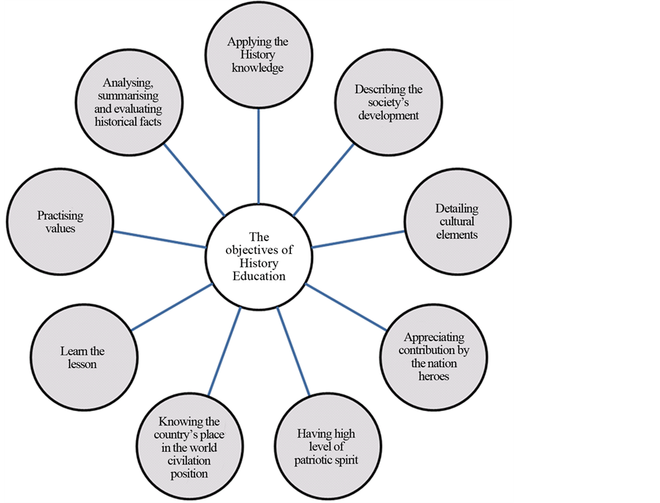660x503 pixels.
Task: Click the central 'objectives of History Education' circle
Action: [x=259, y=256]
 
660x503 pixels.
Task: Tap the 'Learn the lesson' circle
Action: [x=79, y=357]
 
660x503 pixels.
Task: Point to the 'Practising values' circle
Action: [x=59, y=222]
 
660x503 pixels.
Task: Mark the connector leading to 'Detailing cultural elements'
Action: [x=358, y=239]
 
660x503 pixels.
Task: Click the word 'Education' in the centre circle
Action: [x=259, y=277]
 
